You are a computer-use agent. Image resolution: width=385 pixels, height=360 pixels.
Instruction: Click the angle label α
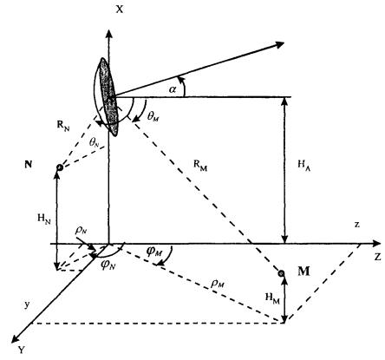click(173, 89)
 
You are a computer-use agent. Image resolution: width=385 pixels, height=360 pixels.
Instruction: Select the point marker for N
click(60, 167)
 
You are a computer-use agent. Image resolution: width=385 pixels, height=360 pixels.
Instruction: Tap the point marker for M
click(281, 273)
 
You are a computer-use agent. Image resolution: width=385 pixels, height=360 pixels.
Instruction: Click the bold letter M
click(303, 272)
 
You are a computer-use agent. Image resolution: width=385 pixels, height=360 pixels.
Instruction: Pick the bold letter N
click(29, 165)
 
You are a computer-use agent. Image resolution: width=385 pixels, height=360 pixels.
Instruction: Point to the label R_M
click(200, 166)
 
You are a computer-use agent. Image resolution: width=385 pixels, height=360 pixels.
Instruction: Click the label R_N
click(63, 127)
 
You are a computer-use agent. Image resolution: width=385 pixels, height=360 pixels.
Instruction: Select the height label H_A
click(304, 166)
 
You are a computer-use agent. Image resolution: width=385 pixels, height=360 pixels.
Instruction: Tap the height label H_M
click(272, 298)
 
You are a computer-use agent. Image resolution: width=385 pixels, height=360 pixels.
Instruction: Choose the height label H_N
click(44, 219)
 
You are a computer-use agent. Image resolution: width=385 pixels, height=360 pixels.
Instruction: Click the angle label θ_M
click(153, 116)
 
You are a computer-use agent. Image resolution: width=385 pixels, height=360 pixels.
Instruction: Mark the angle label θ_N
click(95, 141)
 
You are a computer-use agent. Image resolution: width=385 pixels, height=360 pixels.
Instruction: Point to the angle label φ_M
click(153, 252)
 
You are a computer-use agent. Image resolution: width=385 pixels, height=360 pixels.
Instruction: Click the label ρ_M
click(218, 284)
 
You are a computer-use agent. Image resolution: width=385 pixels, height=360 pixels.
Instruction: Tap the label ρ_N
click(81, 230)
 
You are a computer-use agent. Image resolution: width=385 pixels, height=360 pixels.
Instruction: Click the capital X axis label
click(120, 10)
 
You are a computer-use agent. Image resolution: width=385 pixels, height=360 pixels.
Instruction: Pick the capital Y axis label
click(22, 350)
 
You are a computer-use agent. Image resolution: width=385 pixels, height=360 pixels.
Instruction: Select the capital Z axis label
click(377, 257)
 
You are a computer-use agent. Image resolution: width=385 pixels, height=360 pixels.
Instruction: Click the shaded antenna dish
click(108, 97)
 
